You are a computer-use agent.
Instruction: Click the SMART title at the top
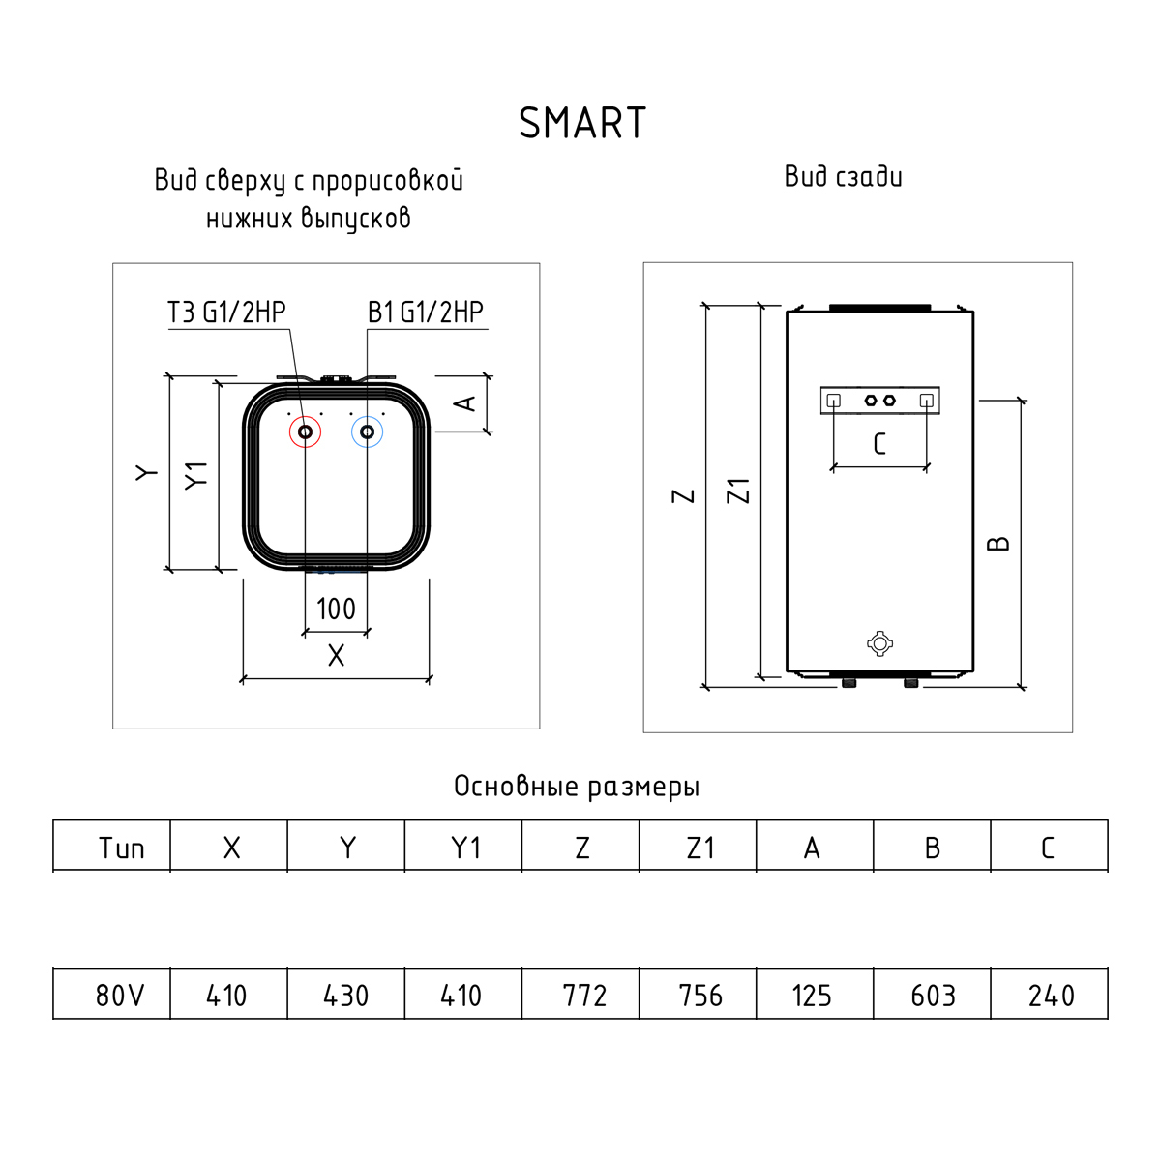pyautogui.click(x=582, y=123)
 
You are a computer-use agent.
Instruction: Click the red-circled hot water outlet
pyautogui.click(x=305, y=432)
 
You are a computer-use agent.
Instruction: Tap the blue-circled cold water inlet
pyautogui.click(x=367, y=432)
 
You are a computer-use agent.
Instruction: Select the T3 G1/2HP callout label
pyautogui.click(x=226, y=313)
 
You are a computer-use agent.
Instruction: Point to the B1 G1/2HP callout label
pyautogui.click(x=426, y=313)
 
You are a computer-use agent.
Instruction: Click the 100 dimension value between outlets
pyautogui.click(x=336, y=610)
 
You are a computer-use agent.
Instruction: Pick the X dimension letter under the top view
pyautogui.click(x=336, y=656)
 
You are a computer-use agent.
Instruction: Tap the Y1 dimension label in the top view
pyautogui.click(x=195, y=476)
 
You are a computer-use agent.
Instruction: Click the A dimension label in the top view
pyautogui.click(x=464, y=403)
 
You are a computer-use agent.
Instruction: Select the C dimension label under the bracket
pyautogui.click(x=879, y=444)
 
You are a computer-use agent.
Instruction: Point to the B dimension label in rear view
pyautogui.click(x=998, y=544)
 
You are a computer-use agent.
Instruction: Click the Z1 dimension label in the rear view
pyautogui.click(x=738, y=491)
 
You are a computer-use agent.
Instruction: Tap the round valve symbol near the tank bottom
pyautogui.click(x=879, y=644)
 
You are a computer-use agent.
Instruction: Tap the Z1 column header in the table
pyautogui.click(x=700, y=848)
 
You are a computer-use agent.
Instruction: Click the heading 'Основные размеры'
pyautogui.click(x=577, y=787)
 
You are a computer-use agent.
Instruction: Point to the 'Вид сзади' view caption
pyautogui.click(x=843, y=176)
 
